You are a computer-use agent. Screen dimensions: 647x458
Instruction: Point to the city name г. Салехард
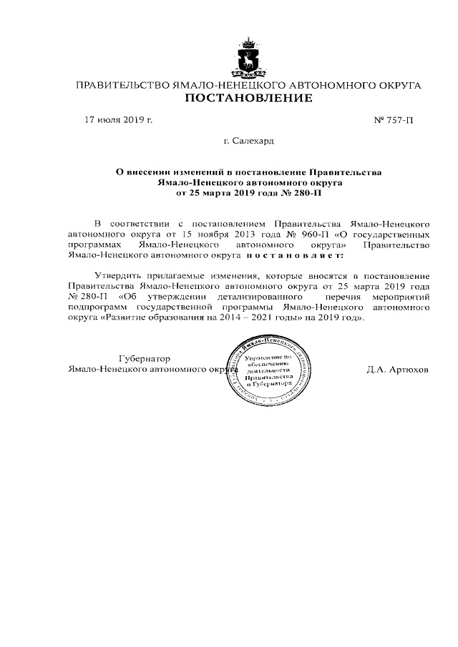pos(248,142)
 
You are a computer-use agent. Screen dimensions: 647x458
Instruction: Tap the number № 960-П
pos(303,234)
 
